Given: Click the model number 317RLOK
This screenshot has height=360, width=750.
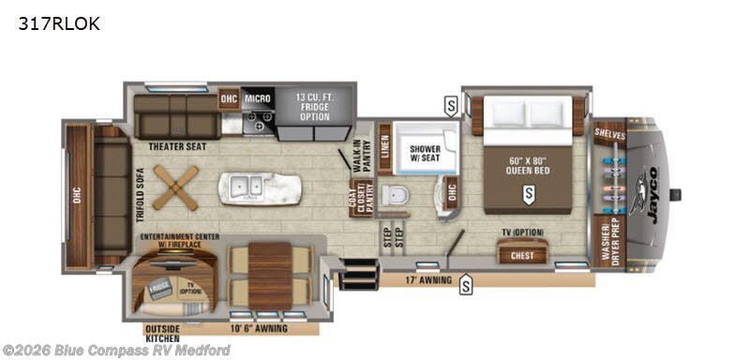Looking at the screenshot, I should [58, 23].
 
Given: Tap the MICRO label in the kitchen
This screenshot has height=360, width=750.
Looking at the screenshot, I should [258, 97].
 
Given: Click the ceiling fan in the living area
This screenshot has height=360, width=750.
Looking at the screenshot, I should [176, 187].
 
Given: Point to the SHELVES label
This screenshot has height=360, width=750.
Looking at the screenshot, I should [609, 134].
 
